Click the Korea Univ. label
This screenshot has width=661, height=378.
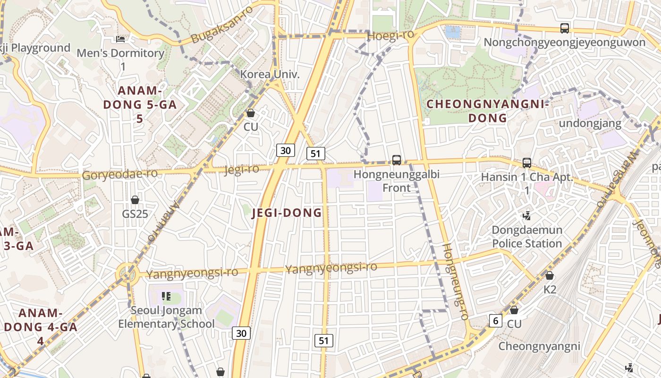[270, 74]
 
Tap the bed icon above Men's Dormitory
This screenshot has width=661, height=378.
[120, 39]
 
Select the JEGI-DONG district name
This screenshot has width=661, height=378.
[287, 213]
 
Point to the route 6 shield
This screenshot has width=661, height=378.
[495, 320]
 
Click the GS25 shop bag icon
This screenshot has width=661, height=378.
[135, 200]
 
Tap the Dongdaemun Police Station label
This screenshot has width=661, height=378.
[527, 237]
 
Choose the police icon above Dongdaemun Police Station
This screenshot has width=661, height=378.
[527, 216]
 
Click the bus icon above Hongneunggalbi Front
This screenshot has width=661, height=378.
[397, 160]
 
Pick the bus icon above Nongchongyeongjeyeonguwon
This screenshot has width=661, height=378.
[564, 28]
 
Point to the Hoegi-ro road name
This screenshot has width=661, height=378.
[390, 34]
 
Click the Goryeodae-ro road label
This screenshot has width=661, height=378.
[120, 174]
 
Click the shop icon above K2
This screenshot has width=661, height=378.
[549, 275]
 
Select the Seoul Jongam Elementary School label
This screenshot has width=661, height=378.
[166, 317]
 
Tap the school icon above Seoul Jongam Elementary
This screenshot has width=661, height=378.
[166, 296]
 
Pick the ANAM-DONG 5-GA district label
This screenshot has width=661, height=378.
[140, 104]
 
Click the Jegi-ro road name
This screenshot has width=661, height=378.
[242, 169]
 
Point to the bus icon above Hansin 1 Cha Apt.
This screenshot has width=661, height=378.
[527, 163]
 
